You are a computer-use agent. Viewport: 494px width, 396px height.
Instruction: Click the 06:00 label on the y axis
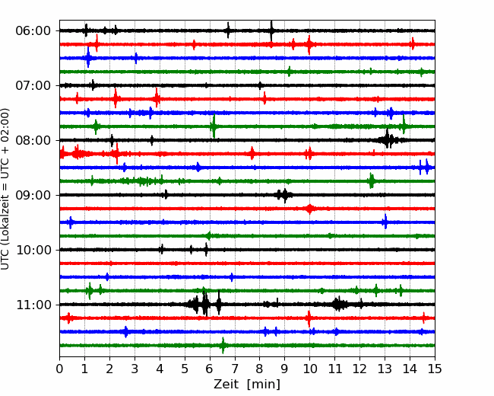pos(33,31)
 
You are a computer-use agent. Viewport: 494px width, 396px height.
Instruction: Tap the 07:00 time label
pos(33,85)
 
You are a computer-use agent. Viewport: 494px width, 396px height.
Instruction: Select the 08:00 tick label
pos(33,140)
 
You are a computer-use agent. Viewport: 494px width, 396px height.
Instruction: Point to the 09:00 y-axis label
pos(33,195)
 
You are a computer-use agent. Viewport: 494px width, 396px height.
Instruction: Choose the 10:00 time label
pos(33,250)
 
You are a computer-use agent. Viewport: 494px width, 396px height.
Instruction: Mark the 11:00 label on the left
pos(33,305)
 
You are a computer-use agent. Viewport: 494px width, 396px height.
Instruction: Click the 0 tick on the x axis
pos(59,369)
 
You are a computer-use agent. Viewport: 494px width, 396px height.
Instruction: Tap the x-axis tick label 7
pos(235,369)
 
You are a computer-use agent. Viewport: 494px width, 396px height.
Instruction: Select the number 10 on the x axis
pos(309,369)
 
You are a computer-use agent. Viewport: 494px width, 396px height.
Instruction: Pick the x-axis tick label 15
pos(435,369)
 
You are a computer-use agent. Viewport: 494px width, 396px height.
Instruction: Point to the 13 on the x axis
pos(385,369)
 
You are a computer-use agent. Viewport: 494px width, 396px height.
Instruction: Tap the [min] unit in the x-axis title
pos(264,385)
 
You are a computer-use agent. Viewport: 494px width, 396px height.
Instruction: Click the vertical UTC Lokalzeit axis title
pos(5,189)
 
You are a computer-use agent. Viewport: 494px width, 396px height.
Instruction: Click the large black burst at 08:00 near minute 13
pos(388,139)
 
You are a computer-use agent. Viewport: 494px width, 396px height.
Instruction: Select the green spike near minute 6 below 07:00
pos(214,126)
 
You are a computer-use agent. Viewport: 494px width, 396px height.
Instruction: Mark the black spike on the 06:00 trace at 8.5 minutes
pos(271,30)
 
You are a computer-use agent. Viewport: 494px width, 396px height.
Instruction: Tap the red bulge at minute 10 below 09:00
pos(309,209)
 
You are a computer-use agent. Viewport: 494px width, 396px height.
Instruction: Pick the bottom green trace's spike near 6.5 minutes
pos(223,346)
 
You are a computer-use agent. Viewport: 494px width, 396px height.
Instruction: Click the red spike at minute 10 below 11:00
pos(309,318)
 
